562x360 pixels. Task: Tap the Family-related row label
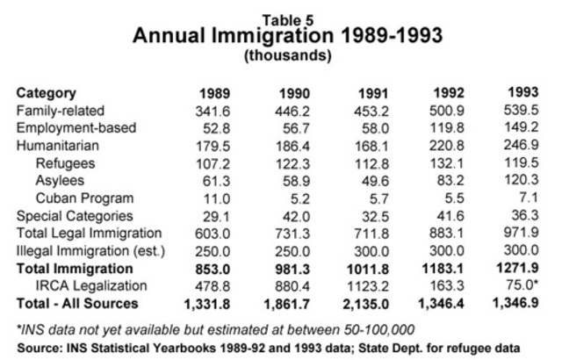tap(60, 111)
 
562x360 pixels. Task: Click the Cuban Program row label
tap(80, 198)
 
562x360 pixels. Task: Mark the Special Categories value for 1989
tap(222, 216)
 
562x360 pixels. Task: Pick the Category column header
tap(46, 93)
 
